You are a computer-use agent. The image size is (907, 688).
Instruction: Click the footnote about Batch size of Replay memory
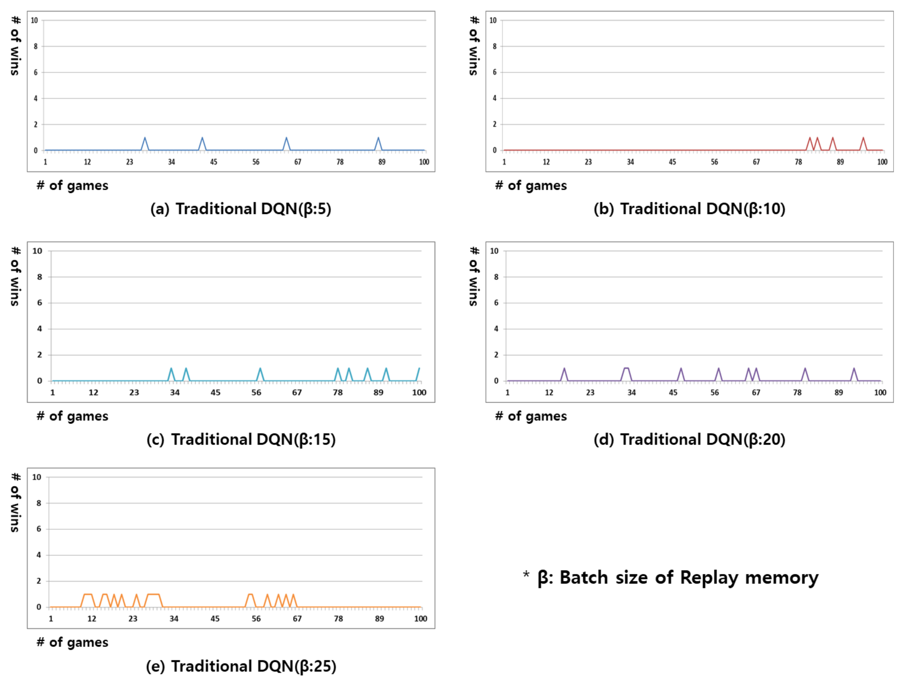pos(670,577)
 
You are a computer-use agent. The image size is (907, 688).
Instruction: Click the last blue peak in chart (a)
pos(378,138)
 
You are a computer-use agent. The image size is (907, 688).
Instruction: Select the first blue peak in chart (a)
pos(144,138)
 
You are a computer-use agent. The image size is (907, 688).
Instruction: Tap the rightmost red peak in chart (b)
pos(863,138)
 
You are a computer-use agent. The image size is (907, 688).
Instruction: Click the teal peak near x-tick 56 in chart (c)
pos(260,369)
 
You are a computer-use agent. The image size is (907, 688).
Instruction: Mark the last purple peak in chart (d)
pos(854,369)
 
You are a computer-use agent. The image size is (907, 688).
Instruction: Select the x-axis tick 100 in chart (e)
pos(420,619)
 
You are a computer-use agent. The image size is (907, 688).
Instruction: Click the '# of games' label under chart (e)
pos(72,642)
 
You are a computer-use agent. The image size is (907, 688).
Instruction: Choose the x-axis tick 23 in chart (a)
pos(130,162)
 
